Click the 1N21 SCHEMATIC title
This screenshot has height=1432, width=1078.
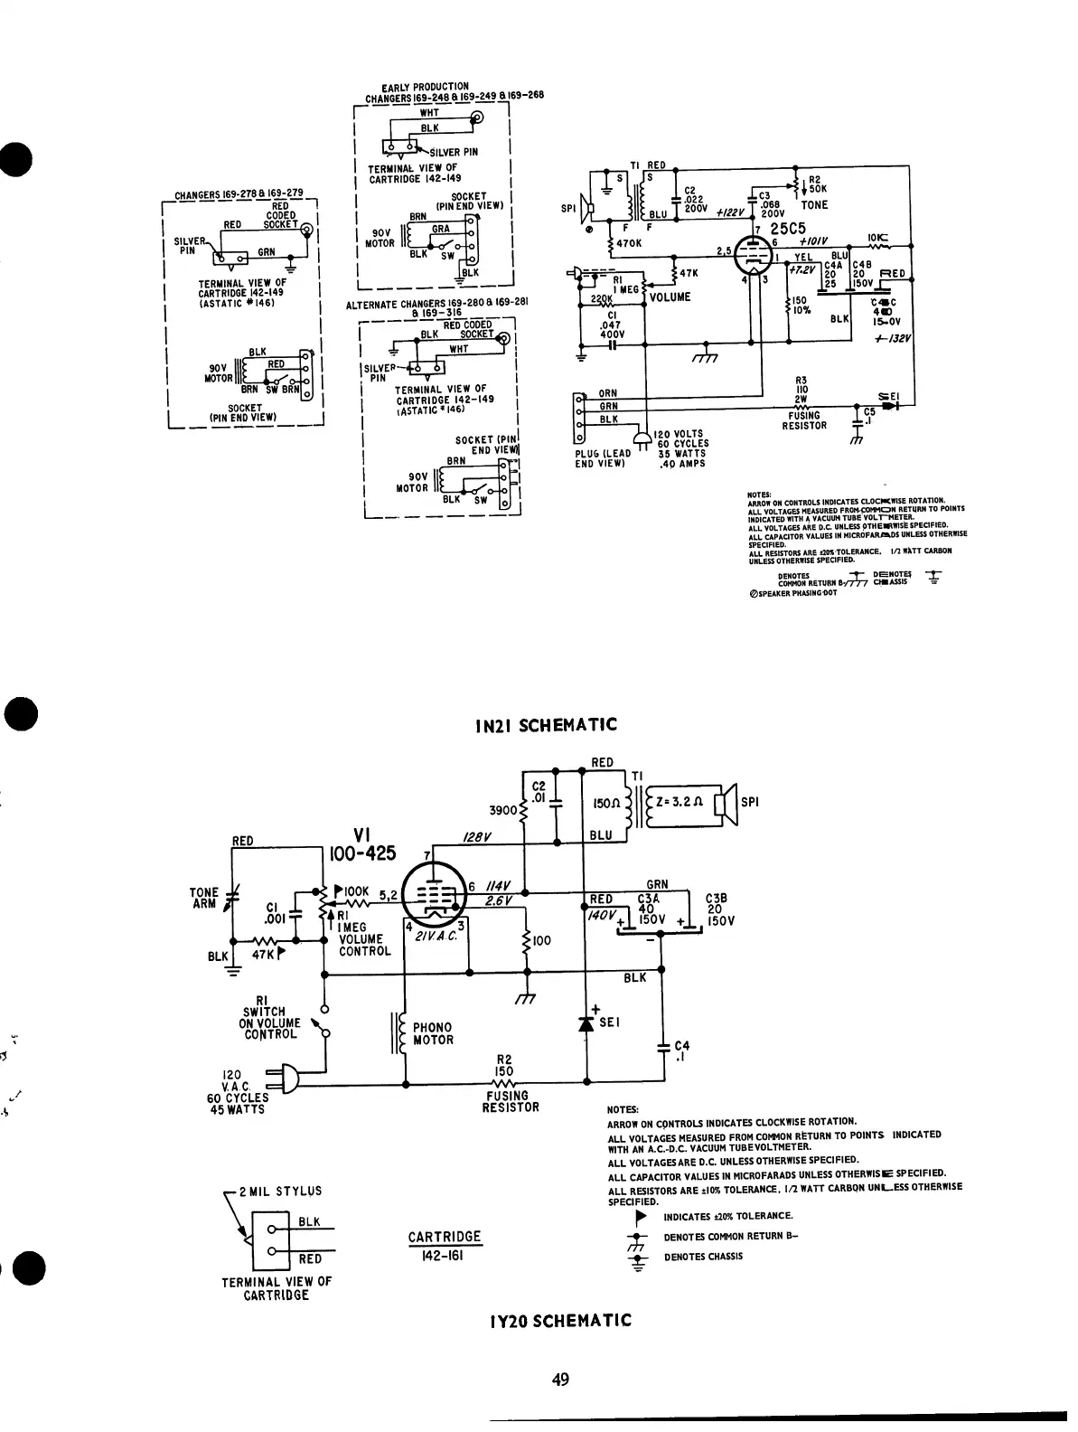(x=546, y=725)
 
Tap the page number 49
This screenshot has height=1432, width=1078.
(x=559, y=1380)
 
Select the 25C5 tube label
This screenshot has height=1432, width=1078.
(x=787, y=230)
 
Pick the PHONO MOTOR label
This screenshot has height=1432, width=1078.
(x=433, y=1034)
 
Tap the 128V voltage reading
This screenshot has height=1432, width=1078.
(x=476, y=838)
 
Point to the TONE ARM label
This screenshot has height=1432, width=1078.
(x=204, y=899)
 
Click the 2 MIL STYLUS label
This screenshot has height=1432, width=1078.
(x=281, y=1192)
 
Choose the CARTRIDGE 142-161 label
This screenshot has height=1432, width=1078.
(x=445, y=1246)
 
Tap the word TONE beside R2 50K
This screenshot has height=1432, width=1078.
(x=814, y=205)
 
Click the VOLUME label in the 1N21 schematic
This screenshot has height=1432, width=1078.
(x=670, y=297)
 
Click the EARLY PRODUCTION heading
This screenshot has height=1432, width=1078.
(x=425, y=87)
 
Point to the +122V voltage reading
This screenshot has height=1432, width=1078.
(x=730, y=213)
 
